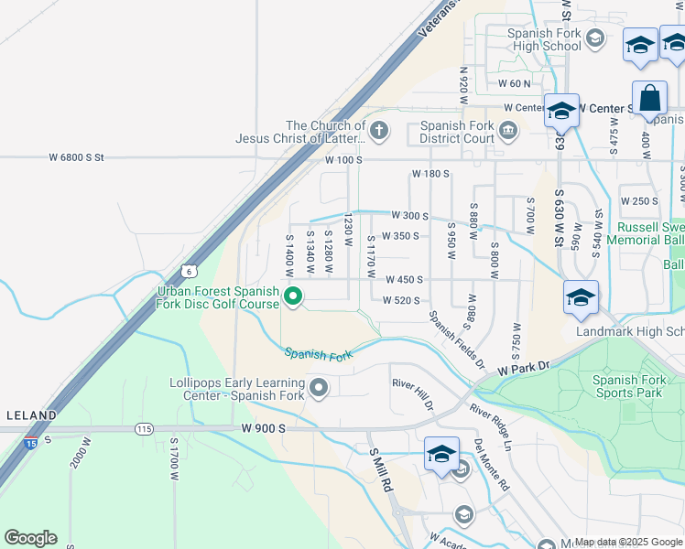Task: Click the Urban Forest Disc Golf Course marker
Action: coord(293,296)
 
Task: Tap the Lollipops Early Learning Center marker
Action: coord(319,389)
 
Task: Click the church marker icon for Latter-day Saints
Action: coord(379,133)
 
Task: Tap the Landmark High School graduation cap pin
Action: coord(581,297)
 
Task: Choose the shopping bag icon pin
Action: coord(649,99)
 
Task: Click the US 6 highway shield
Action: coord(188,271)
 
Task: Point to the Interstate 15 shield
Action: coord(30,444)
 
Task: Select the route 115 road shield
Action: coord(144,428)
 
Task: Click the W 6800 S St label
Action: coord(77,158)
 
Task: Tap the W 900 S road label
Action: coord(265,427)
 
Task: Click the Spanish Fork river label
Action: coord(318,352)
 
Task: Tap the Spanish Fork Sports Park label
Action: coord(629,386)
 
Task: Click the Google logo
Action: coord(30,538)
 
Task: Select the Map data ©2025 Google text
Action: coord(628,542)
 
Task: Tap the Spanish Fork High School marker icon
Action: coord(595,38)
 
